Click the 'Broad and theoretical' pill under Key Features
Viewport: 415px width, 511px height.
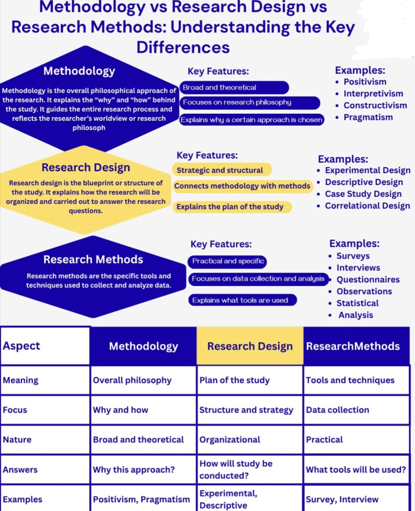tap(234, 88)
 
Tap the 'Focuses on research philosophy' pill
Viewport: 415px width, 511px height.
tap(250, 103)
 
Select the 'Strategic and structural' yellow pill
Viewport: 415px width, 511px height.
tap(222, 170)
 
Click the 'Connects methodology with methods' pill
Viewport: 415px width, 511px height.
tap(242, 186)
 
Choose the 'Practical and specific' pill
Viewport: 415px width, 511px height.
tap(227, 262)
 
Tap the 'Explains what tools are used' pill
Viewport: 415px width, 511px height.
tap(242, 300)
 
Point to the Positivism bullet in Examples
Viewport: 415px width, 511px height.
tap(361, 82)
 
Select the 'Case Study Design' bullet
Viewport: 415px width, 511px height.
tap(359, 194)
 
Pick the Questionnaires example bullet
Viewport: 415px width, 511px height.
tap(364, 279)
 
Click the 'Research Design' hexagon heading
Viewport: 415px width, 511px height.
tap(86, 168)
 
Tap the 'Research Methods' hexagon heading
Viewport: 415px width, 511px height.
tap(93, 260)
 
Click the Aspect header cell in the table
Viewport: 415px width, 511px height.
tap(45, 346)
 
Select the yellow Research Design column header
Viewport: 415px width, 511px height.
tap(250, 346)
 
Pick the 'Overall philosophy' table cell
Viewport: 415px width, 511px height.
tap(143, 380)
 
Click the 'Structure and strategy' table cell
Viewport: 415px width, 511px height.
tap(250, 410)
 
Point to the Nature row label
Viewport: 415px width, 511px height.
tap(17, 440)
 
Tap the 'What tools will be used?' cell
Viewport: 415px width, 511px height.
tap(357, 470)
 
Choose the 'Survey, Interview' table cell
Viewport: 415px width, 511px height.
tap(357, 499)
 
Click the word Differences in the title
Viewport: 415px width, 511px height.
tap(183, 47)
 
